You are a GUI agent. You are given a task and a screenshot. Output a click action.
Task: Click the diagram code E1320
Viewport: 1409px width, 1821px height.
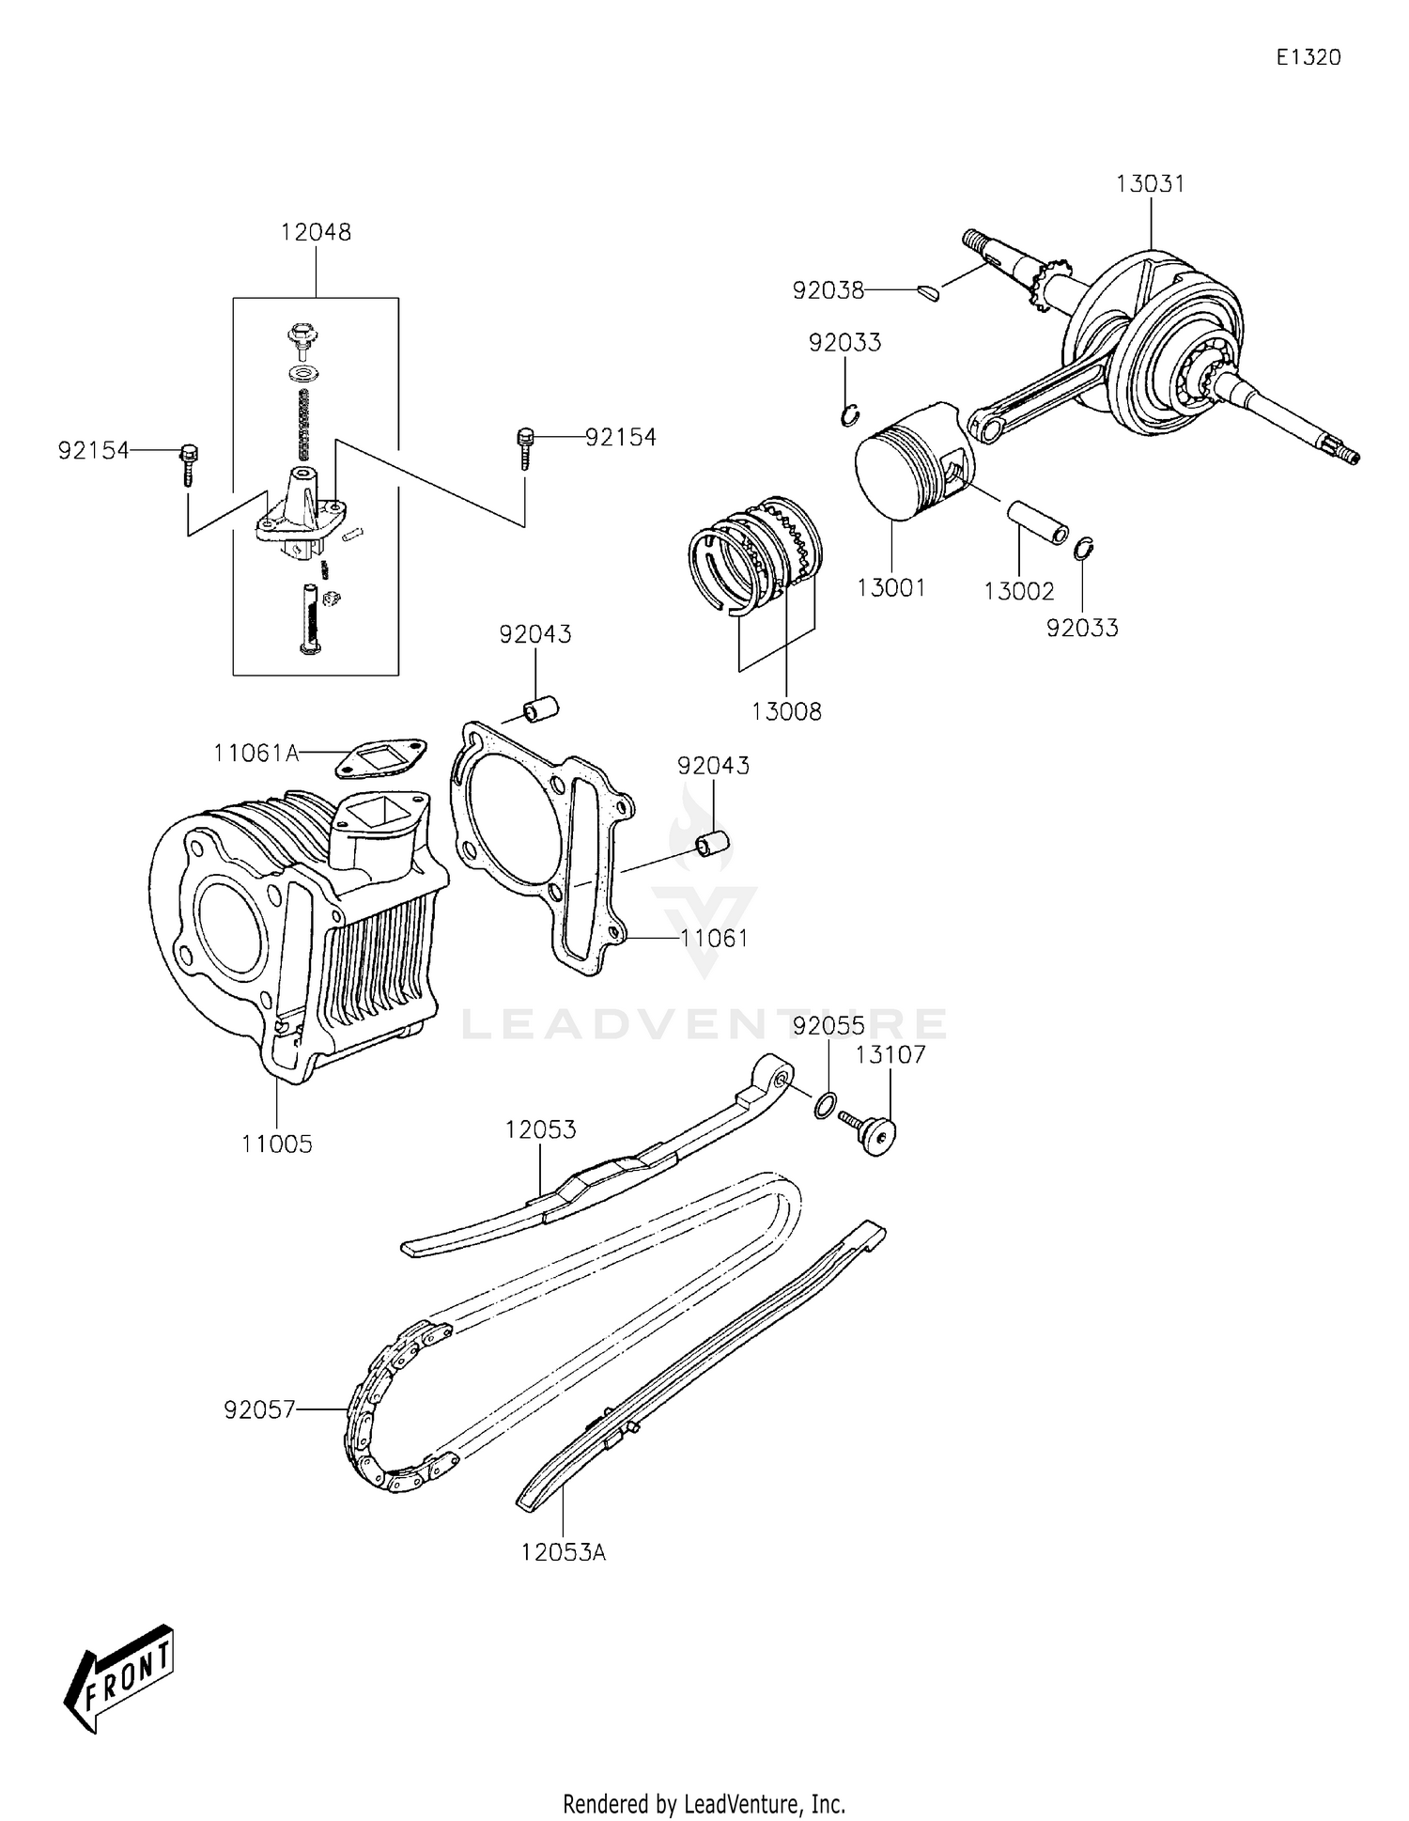1308,57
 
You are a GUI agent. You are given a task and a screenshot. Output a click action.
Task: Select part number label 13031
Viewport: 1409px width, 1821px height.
1150,184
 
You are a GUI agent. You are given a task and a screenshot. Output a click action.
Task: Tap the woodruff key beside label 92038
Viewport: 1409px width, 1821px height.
928,293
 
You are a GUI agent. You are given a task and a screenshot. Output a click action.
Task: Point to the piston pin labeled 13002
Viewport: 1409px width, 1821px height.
1037,522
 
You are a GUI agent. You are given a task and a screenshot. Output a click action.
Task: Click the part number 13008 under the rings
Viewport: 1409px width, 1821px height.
786,712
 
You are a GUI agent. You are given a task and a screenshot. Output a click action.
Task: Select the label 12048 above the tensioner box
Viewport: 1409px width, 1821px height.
316,232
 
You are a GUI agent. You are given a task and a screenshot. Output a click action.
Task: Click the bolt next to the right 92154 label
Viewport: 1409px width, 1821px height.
524,447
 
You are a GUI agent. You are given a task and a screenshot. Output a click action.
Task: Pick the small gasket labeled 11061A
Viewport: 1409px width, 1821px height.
381,758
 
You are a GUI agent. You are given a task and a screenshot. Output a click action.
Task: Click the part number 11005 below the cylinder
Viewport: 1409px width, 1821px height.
276,1144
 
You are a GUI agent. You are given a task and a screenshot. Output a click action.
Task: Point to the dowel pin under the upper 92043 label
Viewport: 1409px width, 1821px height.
540,708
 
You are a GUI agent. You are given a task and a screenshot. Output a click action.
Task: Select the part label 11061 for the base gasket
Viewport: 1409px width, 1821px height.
714,938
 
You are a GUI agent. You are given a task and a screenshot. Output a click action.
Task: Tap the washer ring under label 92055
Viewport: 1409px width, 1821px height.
824,1106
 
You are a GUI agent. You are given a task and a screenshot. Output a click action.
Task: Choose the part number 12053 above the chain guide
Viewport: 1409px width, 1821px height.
540,1129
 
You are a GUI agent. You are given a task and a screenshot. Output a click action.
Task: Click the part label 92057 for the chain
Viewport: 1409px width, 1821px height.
259,1409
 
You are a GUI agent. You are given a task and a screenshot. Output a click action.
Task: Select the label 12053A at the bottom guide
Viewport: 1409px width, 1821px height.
564,1552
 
